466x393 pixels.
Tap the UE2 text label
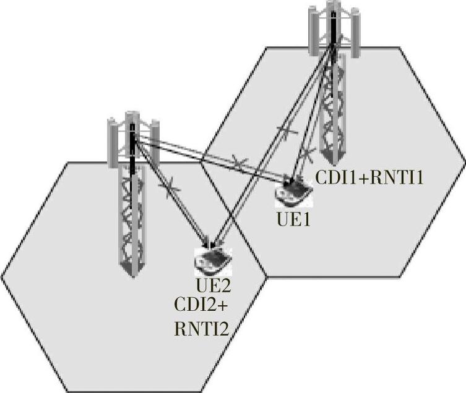[x=212, y=285]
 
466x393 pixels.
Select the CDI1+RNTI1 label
[x=369, y=179]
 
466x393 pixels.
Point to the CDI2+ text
[x=203, y=306]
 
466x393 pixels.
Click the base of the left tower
[x=132, y=268]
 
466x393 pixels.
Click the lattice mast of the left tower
[x=132, y=210]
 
